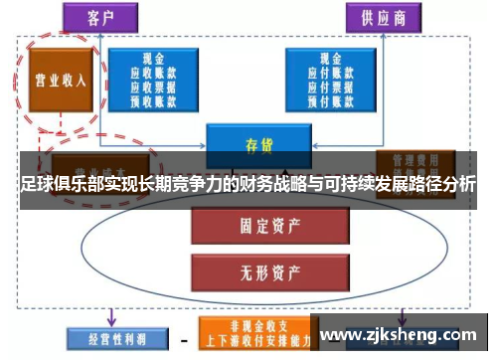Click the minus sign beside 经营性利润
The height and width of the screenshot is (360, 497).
click(185, 338)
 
